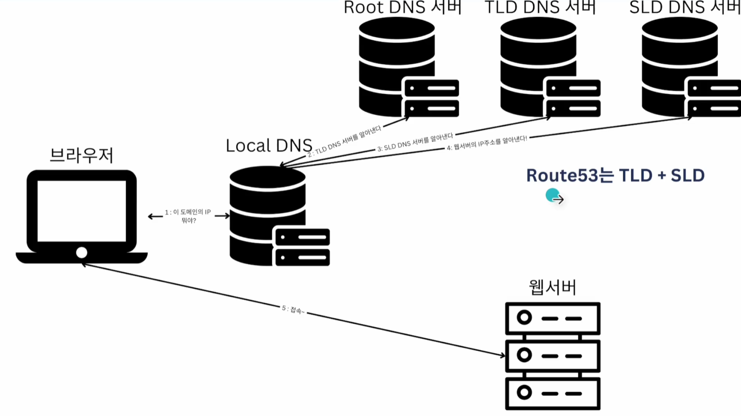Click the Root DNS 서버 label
coord(402,8)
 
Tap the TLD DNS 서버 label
coord(540,8)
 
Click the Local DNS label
coord(269,146)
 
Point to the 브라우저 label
coord(81,155)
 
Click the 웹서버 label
coord(552,287)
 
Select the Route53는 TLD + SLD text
coord(615,175)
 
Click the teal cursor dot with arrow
coord(553,196)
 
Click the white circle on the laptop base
coord(82,253)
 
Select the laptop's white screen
coord(82,211)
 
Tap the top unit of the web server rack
coord(552,318)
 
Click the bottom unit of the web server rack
coord(552,393)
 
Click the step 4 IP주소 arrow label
coord(487,143)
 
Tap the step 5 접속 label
coord(293,310)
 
